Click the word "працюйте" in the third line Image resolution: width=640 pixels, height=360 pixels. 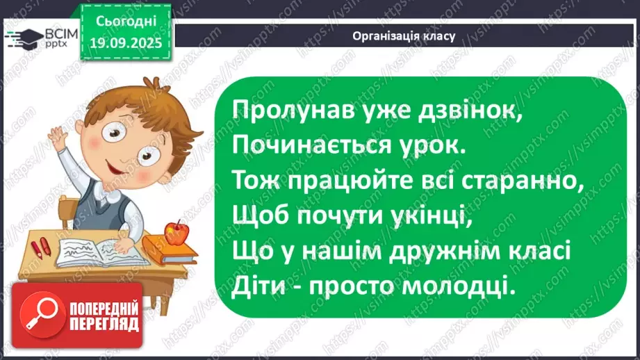327,181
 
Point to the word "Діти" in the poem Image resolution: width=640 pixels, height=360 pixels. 255,286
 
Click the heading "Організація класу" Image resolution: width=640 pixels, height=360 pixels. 404,36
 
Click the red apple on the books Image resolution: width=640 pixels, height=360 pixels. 177,233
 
